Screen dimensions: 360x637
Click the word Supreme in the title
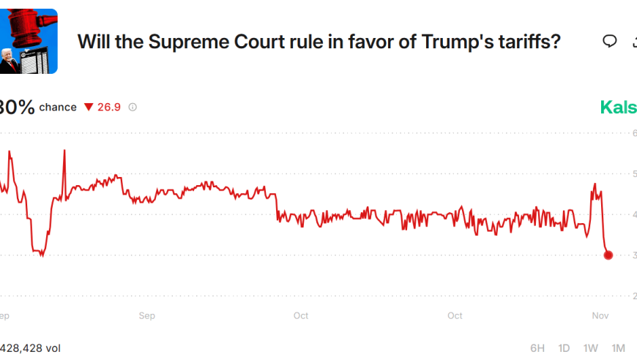[180, 42]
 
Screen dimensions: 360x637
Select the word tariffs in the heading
[523, 42]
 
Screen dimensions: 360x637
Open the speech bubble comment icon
[609, 41]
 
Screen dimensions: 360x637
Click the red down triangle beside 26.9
[89, 108]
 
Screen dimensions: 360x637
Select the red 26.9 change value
[109, 108]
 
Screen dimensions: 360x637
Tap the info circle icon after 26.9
[133, 108]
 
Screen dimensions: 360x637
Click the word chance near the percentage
[58, 108]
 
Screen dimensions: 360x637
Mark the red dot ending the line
[608, 255]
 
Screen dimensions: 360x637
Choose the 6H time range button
[537, 348]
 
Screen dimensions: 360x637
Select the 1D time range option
[564, 348]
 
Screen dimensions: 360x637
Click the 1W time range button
[591, 348]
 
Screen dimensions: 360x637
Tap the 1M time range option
[619, 348]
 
